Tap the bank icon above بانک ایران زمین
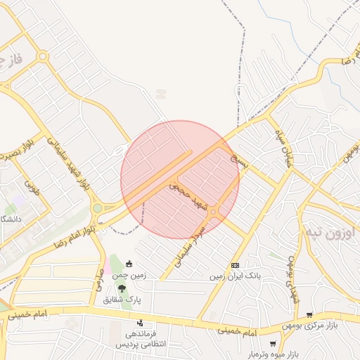(x=235, y=265)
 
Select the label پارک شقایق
(x=123, y=300)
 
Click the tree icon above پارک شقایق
(x=123, y=288)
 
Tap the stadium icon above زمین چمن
(x=129, y=264)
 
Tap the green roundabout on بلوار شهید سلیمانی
(x=97, y=208)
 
